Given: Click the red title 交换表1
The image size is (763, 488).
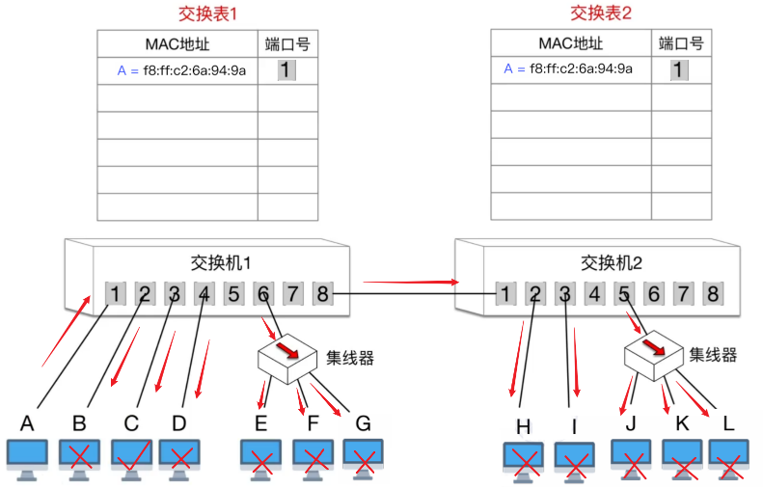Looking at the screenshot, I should click(x=207, y=14).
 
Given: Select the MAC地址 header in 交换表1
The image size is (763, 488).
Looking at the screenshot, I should click(x=177, y=43).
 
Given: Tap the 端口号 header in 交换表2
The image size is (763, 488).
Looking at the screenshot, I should click(x=681, y=43).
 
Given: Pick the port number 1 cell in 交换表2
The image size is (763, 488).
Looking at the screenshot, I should click(x=681, y=69).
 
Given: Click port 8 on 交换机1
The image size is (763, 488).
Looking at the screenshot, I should click(x=323, y=293).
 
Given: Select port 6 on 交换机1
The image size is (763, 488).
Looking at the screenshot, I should click(x=263, y=293).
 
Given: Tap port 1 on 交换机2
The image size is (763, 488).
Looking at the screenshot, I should click(x=505, y=293).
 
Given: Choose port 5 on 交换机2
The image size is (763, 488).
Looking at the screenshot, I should click(x=625, y=293).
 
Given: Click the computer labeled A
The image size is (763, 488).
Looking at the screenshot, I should click(x=27, y=457).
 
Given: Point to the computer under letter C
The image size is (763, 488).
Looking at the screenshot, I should click(x=130, y=457).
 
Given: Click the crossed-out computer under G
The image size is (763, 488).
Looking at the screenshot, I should click(x=363, y=457).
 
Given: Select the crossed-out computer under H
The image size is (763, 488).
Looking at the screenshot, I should click(x=525, y=460).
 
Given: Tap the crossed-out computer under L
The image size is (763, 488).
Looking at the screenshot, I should click(x=730, y=458).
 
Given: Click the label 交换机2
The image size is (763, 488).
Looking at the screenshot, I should click(x=612, y=262).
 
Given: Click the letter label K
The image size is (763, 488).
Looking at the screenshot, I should click(x=682, y=422).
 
